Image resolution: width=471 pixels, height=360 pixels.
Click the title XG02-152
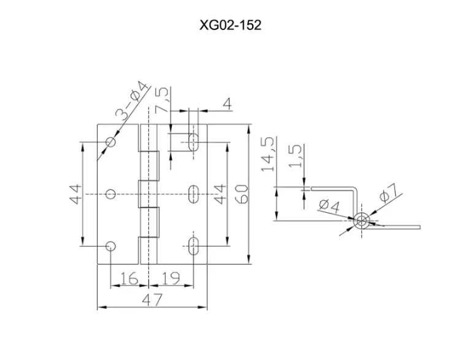click(231, 25)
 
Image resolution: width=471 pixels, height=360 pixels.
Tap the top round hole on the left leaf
click(111, 142)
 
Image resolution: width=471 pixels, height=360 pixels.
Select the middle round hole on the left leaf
click(111, 194)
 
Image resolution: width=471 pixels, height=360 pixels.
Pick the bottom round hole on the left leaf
click(111, 246)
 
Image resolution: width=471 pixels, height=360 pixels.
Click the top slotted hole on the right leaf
click(194, 142)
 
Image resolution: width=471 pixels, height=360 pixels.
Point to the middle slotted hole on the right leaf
click(194, 194)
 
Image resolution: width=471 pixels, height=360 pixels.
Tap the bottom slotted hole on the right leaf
click(194, 246)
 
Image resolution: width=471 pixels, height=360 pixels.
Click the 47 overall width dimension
click(152, 299)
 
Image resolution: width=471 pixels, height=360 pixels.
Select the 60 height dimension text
click(242, 194)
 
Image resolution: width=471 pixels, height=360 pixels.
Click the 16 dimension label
click(129, 278)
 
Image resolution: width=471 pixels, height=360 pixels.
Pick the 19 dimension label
click(170, 278)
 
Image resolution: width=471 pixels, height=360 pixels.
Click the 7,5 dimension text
click(163, 101)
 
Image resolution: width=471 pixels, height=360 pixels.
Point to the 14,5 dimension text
click(268, 154)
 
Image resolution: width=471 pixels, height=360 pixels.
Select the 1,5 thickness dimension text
click(295, 156)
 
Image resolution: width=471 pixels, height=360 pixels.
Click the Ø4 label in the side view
click(329, 206)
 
